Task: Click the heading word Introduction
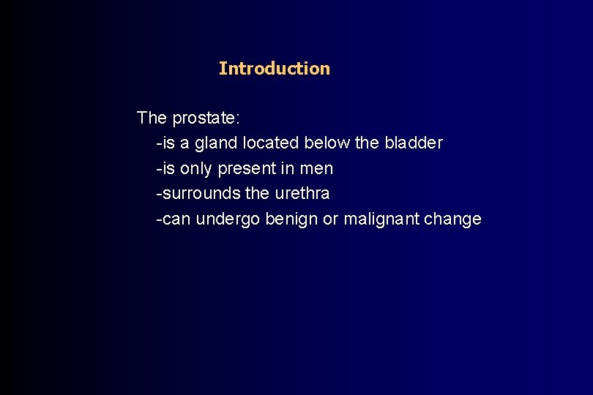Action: pyautogui.click(x=274, y=69)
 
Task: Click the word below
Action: pyautogui.click(x=327, y=143)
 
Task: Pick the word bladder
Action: pyautogui.click(x=414, y=143)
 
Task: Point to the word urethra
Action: pyautogui.click(x=302, y=194)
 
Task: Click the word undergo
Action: pyautogui.click(x=226, y=219)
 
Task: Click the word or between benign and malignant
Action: pyautogui.click(x=331, y=219)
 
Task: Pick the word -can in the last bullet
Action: pyautogui.click(x=171, y=219)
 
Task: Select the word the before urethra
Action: pyautogui.click(x=258, y=194)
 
